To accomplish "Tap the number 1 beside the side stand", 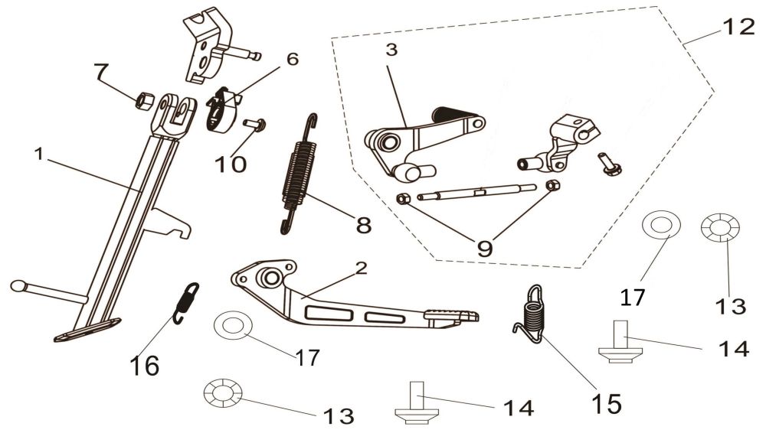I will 39,155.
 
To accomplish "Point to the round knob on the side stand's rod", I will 18,286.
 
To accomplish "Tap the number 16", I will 145,366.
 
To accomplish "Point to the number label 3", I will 391,51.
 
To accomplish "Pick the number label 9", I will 485,247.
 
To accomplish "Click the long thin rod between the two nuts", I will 479,193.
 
